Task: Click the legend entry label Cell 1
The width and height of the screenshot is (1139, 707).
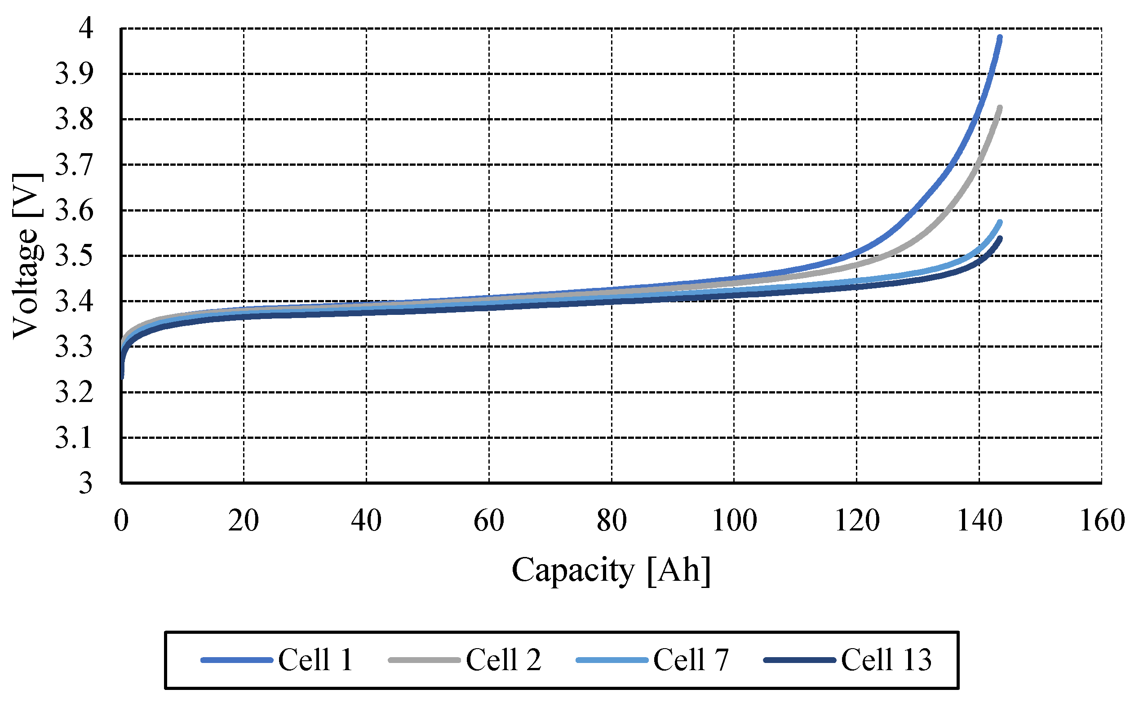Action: coord(315,660)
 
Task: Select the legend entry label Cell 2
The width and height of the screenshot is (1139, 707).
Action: coord(503,660)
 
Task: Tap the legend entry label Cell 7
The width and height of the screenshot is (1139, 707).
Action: coord(691,660)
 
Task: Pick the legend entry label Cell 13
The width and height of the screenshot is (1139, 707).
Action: coord(886,660)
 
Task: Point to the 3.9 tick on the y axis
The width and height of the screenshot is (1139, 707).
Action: coord(74,73)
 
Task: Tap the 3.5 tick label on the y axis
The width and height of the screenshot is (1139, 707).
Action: coord(74,256)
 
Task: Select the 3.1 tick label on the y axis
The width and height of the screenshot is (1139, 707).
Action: coord(74,438)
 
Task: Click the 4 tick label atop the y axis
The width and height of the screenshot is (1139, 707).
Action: coord(86,28)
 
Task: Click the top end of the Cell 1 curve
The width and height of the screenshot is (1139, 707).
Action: coord(1000,37)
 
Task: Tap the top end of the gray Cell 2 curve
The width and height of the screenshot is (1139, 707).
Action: coord(1000,108)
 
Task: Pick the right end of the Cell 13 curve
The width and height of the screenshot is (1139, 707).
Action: coord(1000,239)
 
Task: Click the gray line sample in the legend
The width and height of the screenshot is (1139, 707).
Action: coord(424,660)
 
